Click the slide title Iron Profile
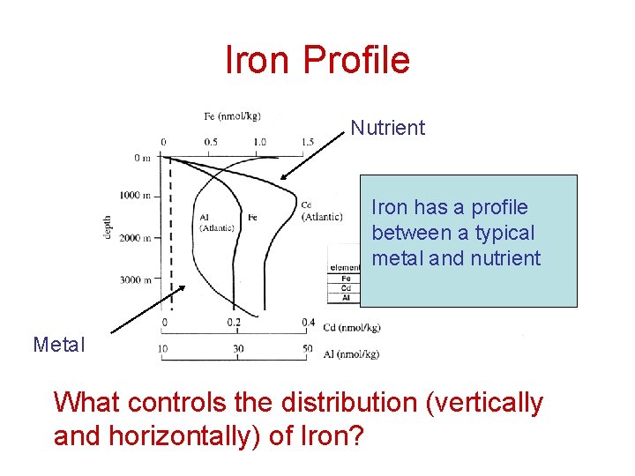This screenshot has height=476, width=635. (317, 60)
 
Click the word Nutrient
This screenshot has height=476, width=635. (387, 128)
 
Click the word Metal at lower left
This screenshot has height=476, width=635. (59, 345)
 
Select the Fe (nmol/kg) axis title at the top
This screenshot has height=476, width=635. (232, 115)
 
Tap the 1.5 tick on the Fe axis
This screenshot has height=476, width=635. (307, 141)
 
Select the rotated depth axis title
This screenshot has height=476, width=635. (107, 228)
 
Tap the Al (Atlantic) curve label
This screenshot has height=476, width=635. (216, 222)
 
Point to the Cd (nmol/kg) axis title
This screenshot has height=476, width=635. (352, 328)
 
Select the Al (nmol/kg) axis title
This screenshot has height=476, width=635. (351, 353)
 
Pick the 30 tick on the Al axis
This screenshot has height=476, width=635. (238, 350)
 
